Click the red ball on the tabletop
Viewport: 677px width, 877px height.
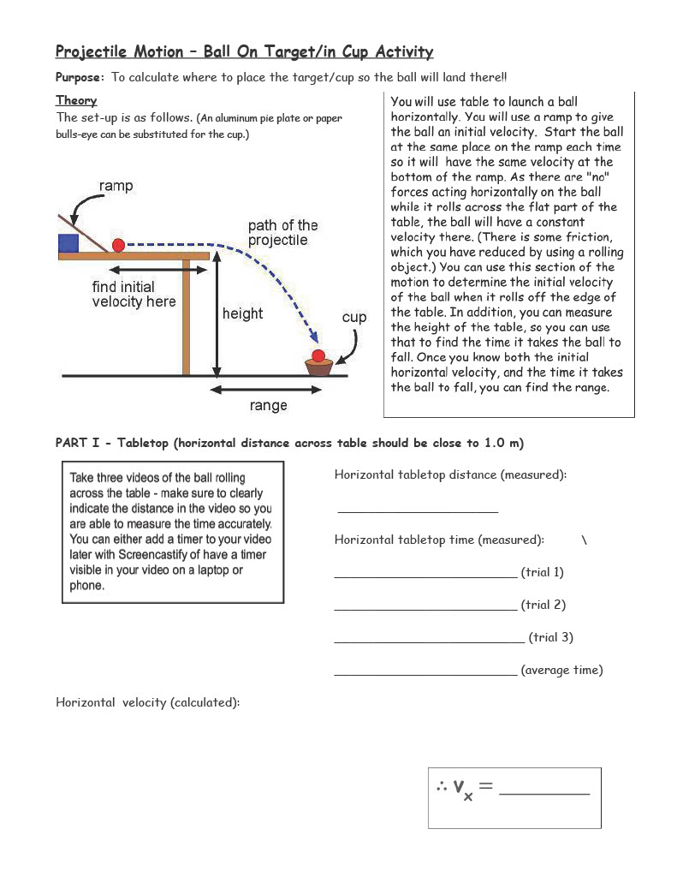coord(118,245)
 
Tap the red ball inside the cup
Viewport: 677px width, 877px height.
coord(318,355)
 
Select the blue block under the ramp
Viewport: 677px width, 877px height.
coord(68,242)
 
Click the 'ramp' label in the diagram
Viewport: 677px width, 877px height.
coord(116,186)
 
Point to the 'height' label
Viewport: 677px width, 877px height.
coord(242,314)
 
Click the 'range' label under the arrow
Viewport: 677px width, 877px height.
coord(268,406)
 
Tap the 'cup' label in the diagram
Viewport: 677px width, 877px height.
coord(354,318)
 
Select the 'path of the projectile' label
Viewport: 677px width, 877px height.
coord(282,233)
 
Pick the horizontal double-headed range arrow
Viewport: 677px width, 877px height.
coord(267,390)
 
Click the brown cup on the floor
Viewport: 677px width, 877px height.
coord(318,367)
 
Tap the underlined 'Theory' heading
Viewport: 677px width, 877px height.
coord(76,100)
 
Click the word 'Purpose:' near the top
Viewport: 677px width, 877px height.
coord(80,77)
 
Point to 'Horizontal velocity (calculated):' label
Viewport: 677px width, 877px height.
coord(147,702)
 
